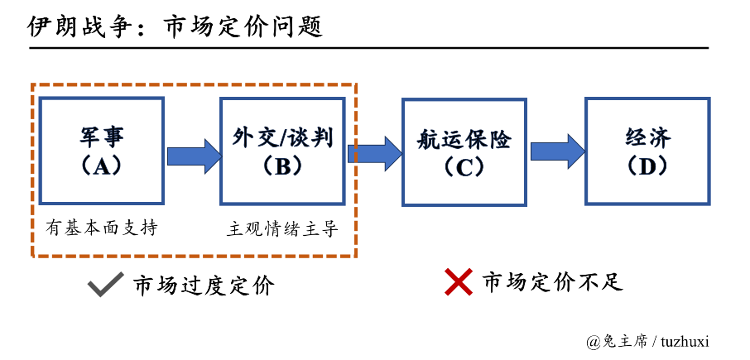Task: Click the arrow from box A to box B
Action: [194, 156]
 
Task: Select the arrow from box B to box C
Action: [375, 154]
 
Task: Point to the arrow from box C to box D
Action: [557, 151]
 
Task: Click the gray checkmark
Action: [104, 284]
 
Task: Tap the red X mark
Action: [459, 282]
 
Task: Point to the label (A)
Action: [102, 166]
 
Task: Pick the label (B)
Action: [282, 166]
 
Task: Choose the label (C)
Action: [464, 167]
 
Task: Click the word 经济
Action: [647, 137]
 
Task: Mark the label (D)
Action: [647, 166]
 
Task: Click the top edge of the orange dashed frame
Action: [195, 84]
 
